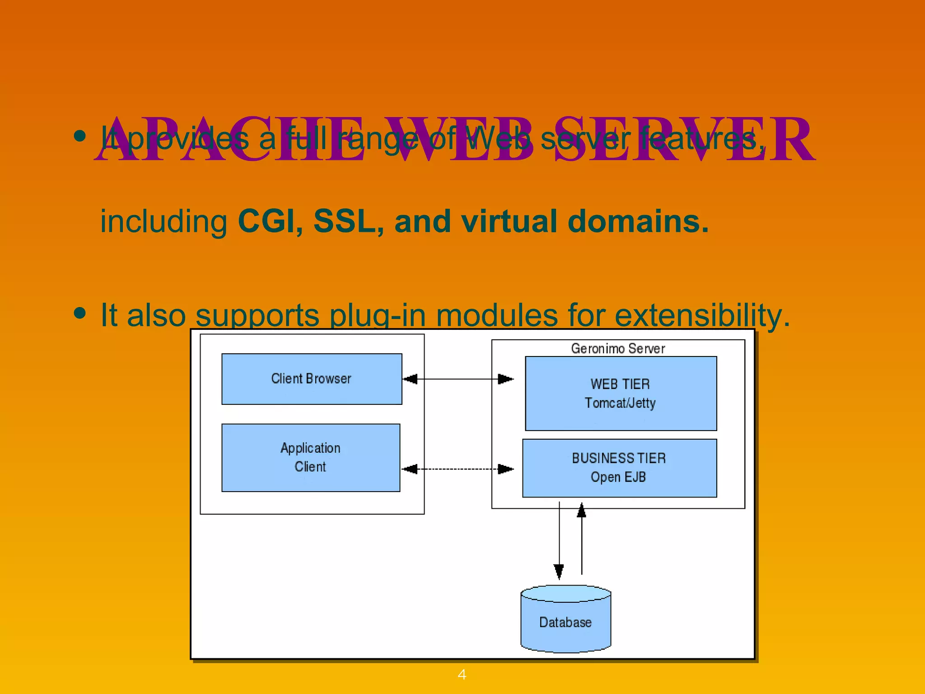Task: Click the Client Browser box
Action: pyautogui.click(x=311, y=379)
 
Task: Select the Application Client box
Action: pyautogui.click(x=310, y=457)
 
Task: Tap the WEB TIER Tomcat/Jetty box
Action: pyautogui.click(x=620, y=393)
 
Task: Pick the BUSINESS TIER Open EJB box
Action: pyautogui.click(x=619, y=468)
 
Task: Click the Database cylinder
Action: pyautogui.click(x=565, y=622)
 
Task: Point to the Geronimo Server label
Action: pyautogui.click(x=617, y=348)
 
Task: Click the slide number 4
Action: pyautogui.click(x=462, y=675)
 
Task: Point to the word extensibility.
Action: pyautogui.click(x=702, y=315)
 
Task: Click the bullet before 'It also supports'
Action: pyautogui.click(x=80, y=313)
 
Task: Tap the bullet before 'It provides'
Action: pyautogui.click(x=80, y=136)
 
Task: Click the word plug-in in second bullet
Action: pyautogui.click(x=377, y=316)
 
